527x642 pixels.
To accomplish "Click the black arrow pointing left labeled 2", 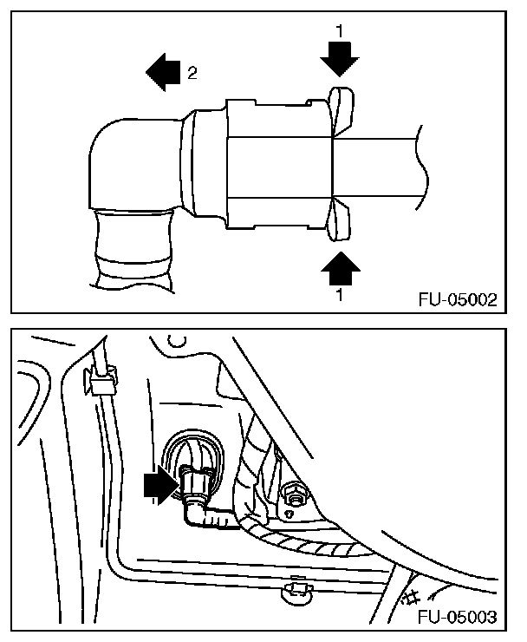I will (160, 72).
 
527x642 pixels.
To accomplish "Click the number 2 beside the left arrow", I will (192, 73).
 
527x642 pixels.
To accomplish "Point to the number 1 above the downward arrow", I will (339, 30).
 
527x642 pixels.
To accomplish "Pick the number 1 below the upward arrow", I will (339, 295).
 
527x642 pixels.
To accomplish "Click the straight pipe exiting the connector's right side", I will (381, 164).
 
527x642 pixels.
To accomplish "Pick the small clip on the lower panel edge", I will (297, 591).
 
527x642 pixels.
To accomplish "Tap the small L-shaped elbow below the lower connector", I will (196, 515).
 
